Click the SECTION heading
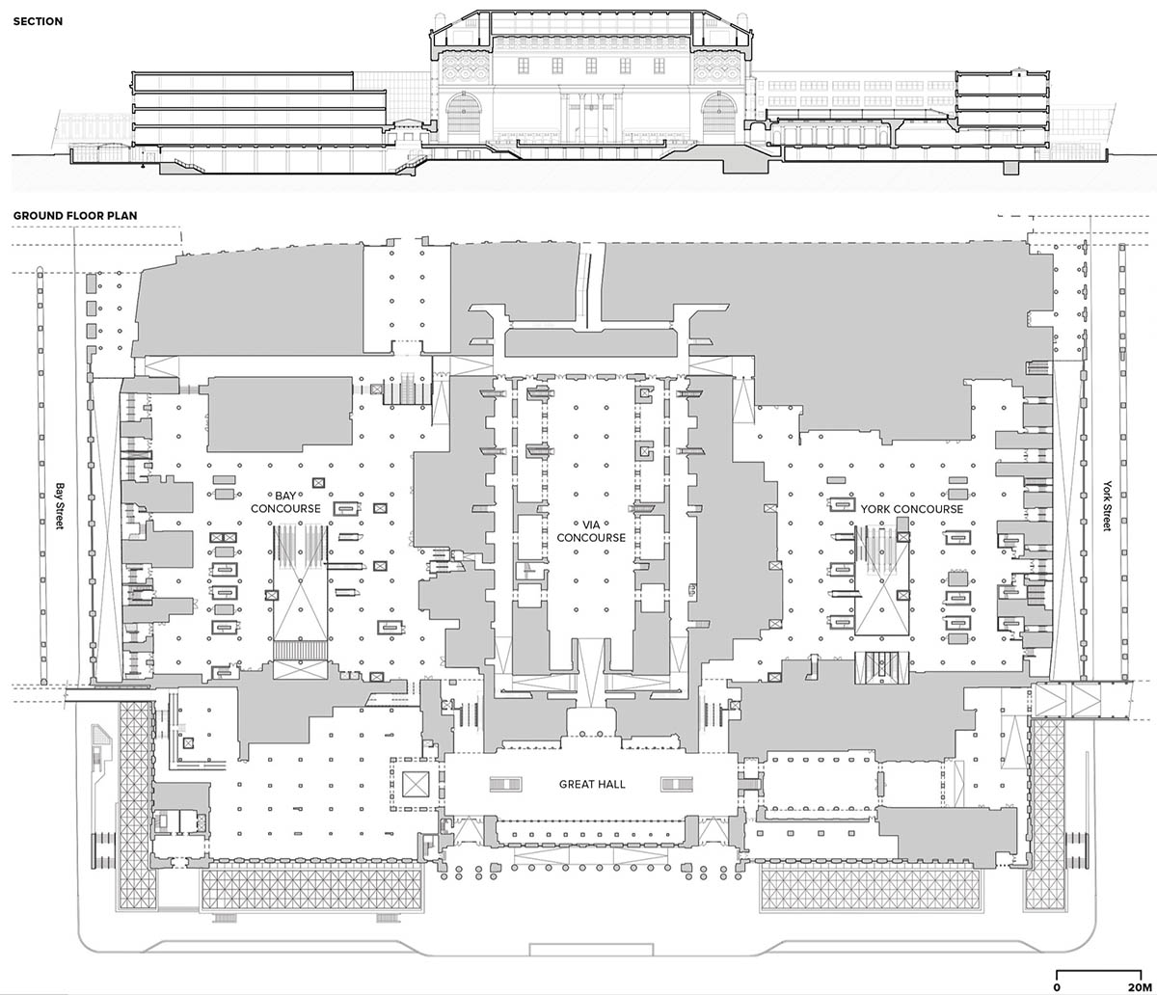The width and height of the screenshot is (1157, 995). point(38,22)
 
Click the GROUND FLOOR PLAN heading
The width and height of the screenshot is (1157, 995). point(75,215)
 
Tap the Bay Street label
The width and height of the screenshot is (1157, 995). point(60,505)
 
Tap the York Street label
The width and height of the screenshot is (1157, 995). point(1107,505)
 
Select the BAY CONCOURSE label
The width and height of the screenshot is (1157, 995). point(285,502)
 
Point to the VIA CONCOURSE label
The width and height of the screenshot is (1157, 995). point(591,531)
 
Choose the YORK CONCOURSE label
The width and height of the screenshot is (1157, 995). point(912,509)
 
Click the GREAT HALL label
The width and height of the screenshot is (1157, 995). point(592,784)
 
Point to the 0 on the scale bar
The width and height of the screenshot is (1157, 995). point(1058,986)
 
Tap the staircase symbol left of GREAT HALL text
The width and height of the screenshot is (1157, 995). point(506,784)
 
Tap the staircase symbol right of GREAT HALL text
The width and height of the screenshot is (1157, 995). point(677,784)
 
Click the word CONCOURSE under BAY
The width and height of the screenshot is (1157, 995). point(285,508)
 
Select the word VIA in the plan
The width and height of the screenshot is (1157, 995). point(591,524)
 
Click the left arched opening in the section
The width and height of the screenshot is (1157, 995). point(463,115)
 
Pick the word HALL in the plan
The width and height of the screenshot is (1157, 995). point(611,784)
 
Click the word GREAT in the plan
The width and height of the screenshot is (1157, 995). point(577,784)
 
